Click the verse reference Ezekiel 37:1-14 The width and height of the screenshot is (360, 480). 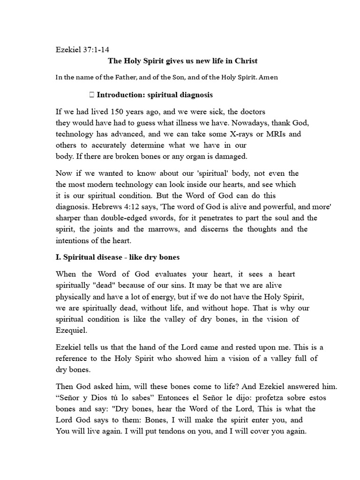point(83,49)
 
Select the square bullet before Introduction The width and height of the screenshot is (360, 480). point(91,95)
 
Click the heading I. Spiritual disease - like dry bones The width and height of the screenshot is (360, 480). point(117,257)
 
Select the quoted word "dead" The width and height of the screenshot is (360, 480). point(104,285)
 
